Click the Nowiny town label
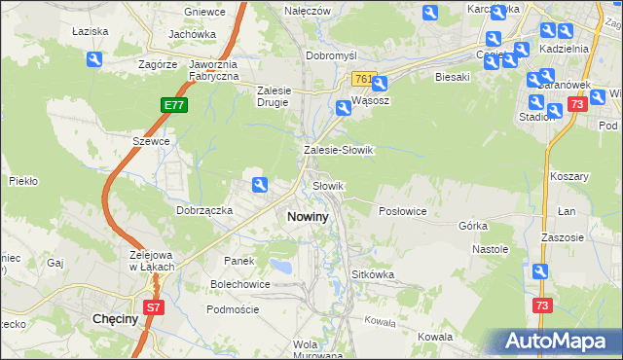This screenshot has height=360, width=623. [x=307, y=217]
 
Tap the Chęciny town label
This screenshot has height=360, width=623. [x=118, y=318]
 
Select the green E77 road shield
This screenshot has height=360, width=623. [x=169, y=102]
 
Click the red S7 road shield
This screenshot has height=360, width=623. [x=153, y=307]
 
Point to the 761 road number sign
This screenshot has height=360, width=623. [x=363, y=78]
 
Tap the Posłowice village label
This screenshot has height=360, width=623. [x=402, y=210]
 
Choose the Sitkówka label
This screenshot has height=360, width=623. [x=373, y=274]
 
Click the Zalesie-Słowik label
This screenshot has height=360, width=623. [x=338, y=151]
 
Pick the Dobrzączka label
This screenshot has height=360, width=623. [x=203, y=209]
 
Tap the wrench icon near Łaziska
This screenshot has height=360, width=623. [x=94, y=60]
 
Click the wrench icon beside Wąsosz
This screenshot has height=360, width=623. [x=344, y=108]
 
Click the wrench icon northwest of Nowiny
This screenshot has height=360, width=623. [x=260, y=185]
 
